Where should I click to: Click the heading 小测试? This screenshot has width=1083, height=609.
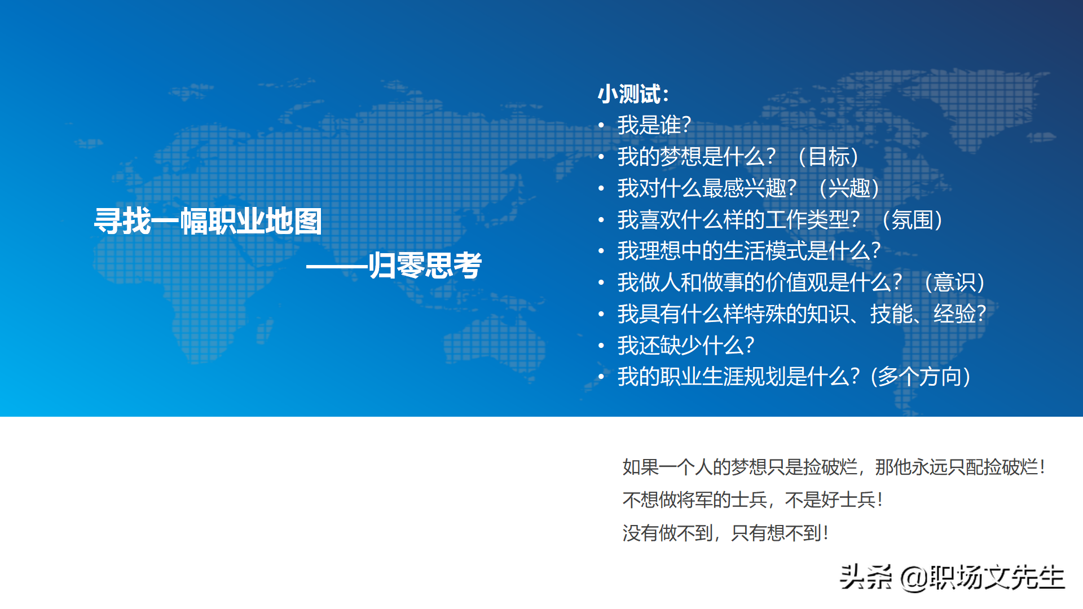tap(633, 94)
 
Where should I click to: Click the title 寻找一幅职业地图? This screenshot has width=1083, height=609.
tap(208, 221)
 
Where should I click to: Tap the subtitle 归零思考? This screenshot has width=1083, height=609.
tap(425, 266)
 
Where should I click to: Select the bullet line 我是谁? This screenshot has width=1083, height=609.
tap(654, 125)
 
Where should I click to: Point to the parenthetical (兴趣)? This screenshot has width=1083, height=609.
tap(849, 188)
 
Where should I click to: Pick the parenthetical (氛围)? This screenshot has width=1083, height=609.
tap(912, 220)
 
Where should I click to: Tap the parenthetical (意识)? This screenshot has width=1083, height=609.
tap(954, 283)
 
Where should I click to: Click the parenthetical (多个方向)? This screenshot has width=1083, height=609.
tap(921, 377)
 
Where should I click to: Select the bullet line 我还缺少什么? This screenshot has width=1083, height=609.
tap(685, 346)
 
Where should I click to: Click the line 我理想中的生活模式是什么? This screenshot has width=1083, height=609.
tap(749, 251)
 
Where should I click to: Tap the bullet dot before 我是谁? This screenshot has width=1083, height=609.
tap(601, 125)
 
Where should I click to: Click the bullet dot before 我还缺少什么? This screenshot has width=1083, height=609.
tap(601, 346)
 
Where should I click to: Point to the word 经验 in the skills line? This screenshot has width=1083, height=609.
tap(954, 314)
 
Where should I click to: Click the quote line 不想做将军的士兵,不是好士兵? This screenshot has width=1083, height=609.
tap(752, 500)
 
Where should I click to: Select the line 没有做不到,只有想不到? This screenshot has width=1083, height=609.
tap(725, 533)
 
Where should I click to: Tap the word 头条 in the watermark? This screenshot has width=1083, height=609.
tap(865, 577)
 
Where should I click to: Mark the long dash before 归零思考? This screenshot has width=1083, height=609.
tap(337, 267)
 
